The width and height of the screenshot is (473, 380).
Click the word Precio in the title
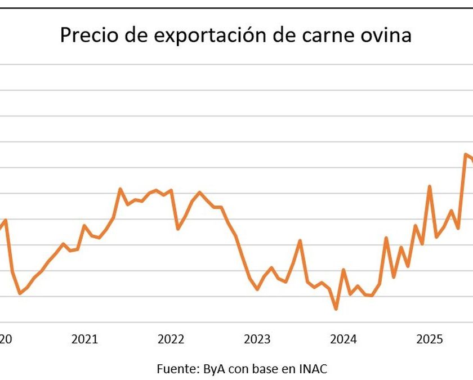click(x=86, y=35)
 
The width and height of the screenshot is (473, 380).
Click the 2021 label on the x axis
click(x=85, y=339)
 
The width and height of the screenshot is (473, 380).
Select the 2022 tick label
click(x=171, y=339)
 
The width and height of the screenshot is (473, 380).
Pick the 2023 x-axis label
click(x=257, y=339)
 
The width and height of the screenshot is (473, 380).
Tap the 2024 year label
click(x=343, y=339)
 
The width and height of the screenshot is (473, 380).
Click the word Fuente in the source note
click(x=173, y=369)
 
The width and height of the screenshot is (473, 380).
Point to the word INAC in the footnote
click(x=314, y=369)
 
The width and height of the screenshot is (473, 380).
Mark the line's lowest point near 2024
click(x=336, y=309)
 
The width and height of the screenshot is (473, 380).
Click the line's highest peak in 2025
click(x=466, y=154)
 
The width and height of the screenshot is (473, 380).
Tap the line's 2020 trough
click(x=20, y=293)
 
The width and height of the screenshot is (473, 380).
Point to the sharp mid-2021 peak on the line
click(x=121, y=189)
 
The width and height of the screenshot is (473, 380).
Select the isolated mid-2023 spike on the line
click(x=300, y=241)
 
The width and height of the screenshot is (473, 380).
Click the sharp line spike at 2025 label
click(x=430, y=186)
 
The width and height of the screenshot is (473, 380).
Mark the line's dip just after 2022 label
click(x=178, y=229)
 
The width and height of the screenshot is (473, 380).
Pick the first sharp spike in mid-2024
click(x=386, y=238)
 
